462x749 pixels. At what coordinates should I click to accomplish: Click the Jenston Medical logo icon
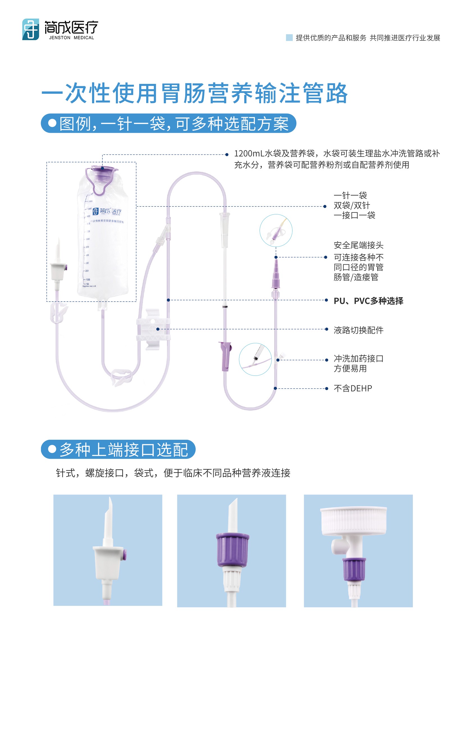[x=30, y=29]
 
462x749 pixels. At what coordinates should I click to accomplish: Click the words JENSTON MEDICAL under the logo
[x=72, y=38]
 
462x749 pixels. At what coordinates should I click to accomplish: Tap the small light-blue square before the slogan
[x=289, y=38]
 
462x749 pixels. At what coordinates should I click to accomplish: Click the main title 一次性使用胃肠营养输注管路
[x=195, y=93]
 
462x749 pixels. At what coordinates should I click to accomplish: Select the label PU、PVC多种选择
[x=368, y=301]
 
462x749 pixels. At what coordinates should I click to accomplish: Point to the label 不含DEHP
[x=353, y=388]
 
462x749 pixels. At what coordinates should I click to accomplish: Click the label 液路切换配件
[x=358, y=330]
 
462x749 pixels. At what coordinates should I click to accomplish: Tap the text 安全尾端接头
[x=358, y=245]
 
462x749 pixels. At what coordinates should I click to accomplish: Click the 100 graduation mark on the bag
[x=87, y=280]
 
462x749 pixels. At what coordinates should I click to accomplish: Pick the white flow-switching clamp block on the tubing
[x=153, y=329]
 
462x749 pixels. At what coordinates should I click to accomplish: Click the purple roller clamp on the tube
[x=225, y=356]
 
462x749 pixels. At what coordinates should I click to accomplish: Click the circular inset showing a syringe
[x=255, y=359]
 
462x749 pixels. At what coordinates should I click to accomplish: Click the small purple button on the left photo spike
[x=124, y=555]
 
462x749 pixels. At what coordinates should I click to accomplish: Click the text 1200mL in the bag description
[x=248, y=153]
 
